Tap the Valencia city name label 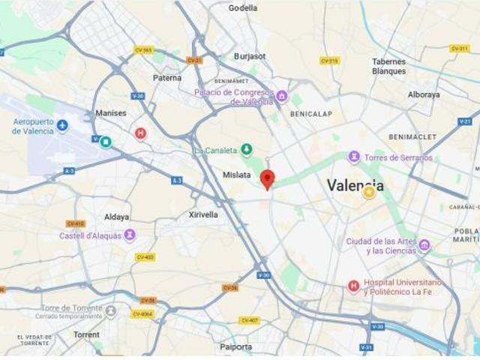click(355, 185)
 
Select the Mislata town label click(236, 175)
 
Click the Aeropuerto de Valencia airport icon click(62, 125)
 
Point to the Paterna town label click(166, 77)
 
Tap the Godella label click(242, 8)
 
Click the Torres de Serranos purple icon click(354, 157)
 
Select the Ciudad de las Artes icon click(424, 245)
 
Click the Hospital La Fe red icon click(353, 286)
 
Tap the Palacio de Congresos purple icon click(282, 96)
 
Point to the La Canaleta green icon click(246, 150)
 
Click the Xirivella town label click(203, 214)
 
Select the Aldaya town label click(116, 217)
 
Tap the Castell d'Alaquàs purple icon click(129, 235)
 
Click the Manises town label click(111, 113)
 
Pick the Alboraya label click(424, 94)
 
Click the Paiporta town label click(236, 346)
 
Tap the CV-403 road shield click(145, 257)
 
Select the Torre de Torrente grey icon click(111, 310)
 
